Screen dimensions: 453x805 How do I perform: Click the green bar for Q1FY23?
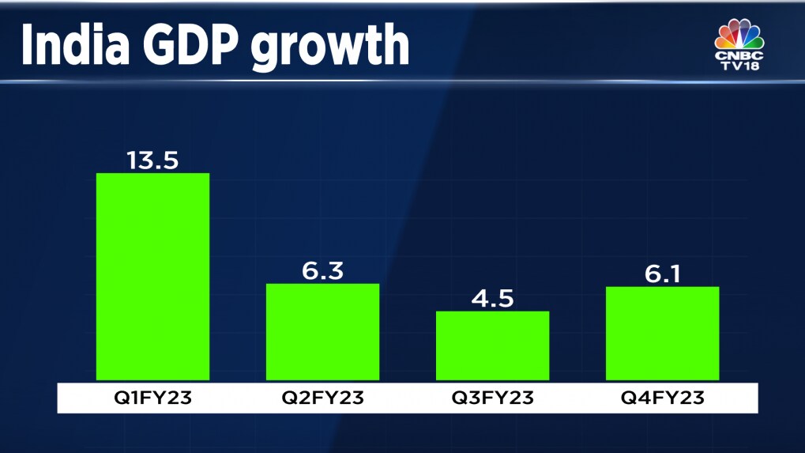coord(152,277)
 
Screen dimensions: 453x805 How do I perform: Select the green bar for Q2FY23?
coord(322,332)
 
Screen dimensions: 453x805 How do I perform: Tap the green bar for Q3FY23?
coord(492,345)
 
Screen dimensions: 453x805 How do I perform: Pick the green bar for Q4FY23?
coord(662,333)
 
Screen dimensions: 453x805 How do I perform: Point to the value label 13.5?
coord(152,160)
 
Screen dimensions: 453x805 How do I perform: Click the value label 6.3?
coord(322,270)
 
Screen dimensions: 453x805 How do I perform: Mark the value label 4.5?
coord(492,298)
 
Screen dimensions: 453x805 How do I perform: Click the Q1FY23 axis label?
coord(152,398)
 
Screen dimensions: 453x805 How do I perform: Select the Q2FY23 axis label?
coord(322,398)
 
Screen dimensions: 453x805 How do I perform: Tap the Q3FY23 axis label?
coord(492,398)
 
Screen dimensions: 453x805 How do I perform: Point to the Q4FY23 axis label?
coord(662,398)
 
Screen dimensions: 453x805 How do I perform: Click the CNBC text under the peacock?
coord(740,56)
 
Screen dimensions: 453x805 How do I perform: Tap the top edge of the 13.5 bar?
coord(152,174)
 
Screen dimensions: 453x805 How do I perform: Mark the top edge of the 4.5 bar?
coord(492,311)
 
